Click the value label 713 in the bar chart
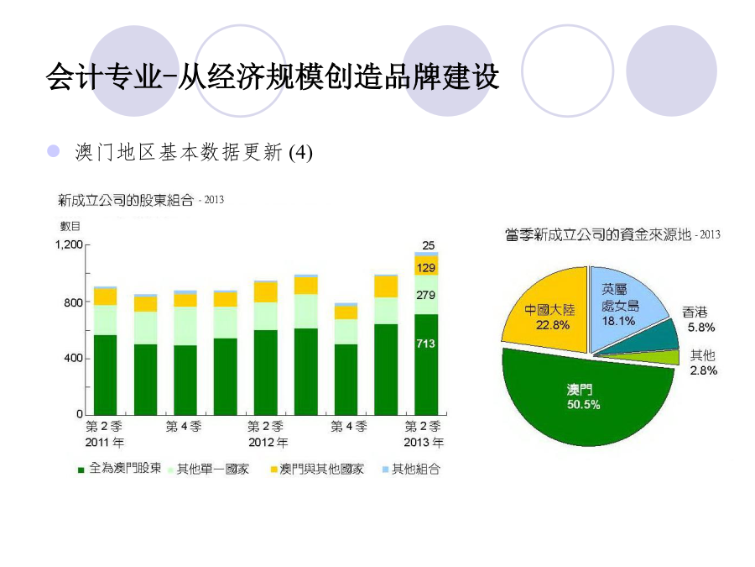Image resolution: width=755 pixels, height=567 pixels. pyautogui.click(x=425, y=344)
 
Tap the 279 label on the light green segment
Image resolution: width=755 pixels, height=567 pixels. pyautogui.click(x=425, y=295)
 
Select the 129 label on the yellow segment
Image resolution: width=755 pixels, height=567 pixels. pyautogui.click(x=425, y=268)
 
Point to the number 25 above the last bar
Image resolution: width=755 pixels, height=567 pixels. pyautogui.click(x=428, y=245)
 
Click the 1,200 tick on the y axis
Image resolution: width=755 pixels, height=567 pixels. pyautogui.click(x=69, y=244)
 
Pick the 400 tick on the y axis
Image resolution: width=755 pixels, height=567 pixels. pyautogui.click(x=73, y=358)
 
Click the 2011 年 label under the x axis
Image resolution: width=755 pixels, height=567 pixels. pyautogui.click(x=105, y=442)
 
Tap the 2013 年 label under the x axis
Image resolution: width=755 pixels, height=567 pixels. pyautogui.click(x=424, y=442)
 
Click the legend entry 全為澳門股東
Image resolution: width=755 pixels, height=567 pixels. pyautogui.click(x=120, y=469)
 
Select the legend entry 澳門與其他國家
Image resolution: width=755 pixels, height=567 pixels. pyautogui.click(x=317, y=469)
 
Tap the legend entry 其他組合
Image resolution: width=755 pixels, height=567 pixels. pyautogui.click(x=411, y=469)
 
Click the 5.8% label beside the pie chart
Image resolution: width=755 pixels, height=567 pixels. pyautogui.click(x=701, y=328)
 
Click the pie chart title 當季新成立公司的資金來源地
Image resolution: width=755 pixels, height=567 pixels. pyautogui.click(x=598, y=235)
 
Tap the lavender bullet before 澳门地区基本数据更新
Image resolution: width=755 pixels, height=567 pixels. pyautogui.click(x=53, y=151)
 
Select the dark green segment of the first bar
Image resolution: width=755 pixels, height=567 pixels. pyautogui.click(x=105, y=375)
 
